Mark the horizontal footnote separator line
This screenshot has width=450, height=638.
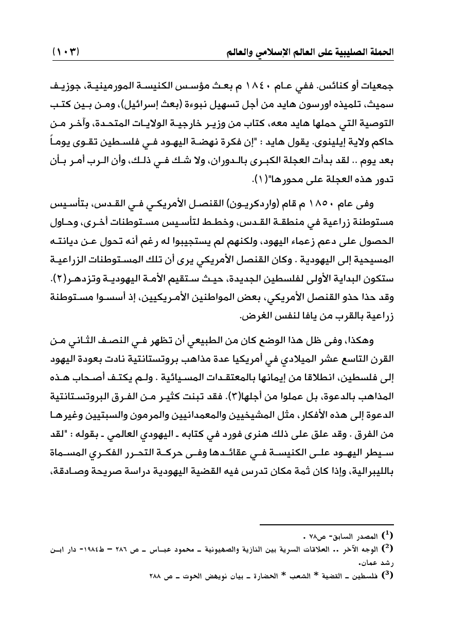tap(335, 525)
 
